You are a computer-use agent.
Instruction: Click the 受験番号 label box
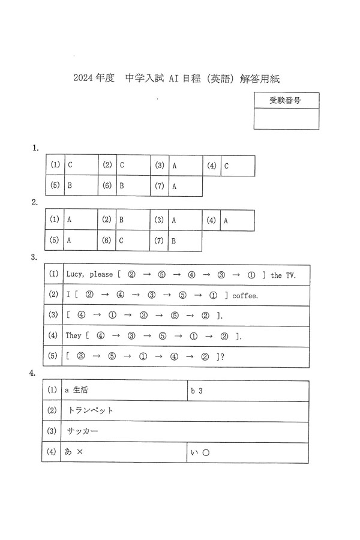tap(286, 100)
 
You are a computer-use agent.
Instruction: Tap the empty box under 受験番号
tap(286, 119)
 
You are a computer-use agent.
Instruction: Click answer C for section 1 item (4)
tap(226, 165)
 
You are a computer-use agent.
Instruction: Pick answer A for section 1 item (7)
tap(174, 186)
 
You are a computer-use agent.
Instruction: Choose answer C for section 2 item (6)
tap(122, 240)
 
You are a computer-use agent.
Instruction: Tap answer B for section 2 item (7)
tap(174, 240)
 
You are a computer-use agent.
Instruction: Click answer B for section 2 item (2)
tap(122, 220)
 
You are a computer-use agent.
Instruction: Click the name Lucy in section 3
tap(75, 275)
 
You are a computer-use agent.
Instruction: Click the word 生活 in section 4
tap(80, 390)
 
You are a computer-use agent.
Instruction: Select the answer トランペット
tap(91, 410)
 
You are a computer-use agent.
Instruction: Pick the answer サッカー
tap(83, 431)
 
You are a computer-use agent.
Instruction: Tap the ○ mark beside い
tap(205, 452)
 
